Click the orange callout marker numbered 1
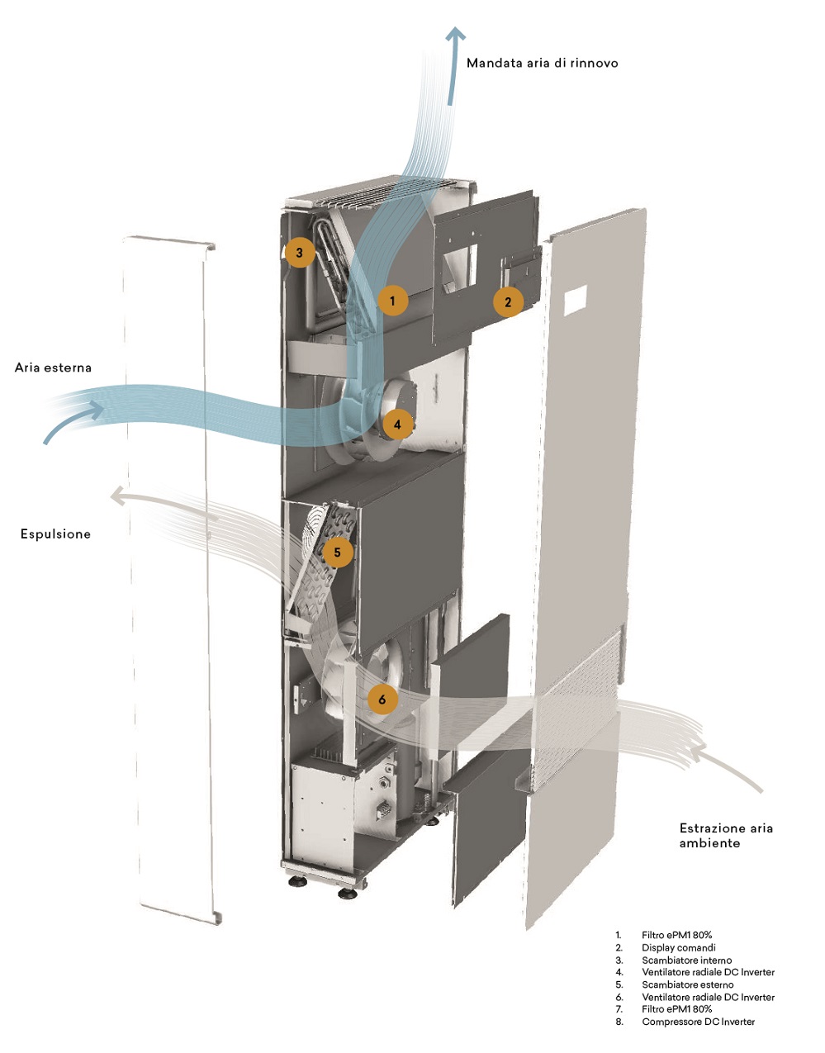[392, 301]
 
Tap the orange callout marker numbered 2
[508, 302]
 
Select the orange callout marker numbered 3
[299, 253]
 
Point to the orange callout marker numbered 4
[397, 425]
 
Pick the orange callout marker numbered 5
[338, 552]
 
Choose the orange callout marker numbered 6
[382, 700]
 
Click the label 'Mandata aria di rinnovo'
[542, 63]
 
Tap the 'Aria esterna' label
[53, 368]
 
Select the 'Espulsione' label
[55, 534]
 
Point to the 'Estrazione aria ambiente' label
[726, 835]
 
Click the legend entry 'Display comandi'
[678, 947]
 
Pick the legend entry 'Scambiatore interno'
[686, 960]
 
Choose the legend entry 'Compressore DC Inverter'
[698, 1022]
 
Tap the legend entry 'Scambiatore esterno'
[687, 984]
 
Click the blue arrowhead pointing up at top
[455, 35]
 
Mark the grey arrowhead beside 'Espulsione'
[118, 495]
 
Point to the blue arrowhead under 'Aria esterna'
[94, 409]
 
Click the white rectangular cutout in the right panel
[576, 299]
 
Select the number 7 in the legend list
[618, 1009]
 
